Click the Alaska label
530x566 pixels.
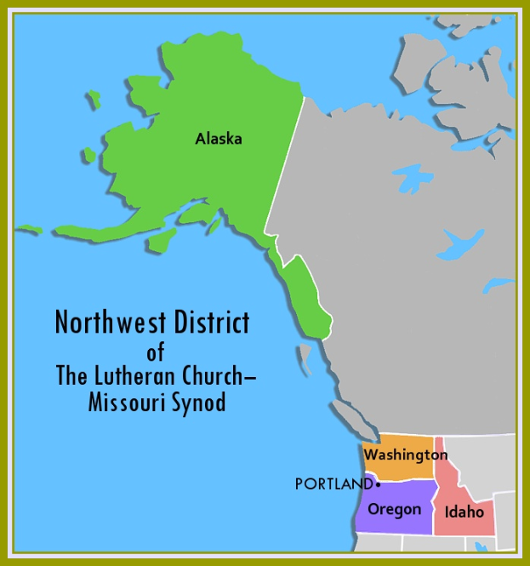[219, 139]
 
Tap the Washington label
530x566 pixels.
[406, 455]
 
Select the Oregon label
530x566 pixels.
[394, 509]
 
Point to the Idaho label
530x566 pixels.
[464, 512]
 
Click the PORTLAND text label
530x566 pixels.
[333, 484]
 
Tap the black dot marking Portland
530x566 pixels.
[378, 484]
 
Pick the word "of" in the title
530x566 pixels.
[155, 350]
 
